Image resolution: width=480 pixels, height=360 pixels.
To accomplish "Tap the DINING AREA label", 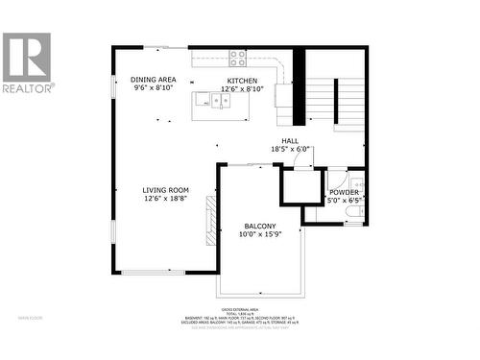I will coord(154,80).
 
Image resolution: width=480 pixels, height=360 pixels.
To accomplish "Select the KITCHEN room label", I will coord(241,81).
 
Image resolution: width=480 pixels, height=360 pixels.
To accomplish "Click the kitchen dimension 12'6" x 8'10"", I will coord(241,89).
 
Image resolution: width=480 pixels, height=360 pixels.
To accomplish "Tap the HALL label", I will coord(290,139).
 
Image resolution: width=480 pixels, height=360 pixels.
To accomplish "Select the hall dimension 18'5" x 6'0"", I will coord(290,149).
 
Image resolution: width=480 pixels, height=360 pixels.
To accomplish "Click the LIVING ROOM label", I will coord(165,190).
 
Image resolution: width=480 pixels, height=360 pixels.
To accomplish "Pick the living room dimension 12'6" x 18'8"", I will coord(165,200).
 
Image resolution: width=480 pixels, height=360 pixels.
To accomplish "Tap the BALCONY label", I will coord(259,226).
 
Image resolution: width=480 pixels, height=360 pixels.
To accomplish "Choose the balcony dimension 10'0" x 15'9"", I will coord(259,235).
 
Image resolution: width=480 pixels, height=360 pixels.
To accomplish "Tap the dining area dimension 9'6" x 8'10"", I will coord(154,88).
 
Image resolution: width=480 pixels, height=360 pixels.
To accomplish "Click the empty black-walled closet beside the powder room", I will coord(301,187).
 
